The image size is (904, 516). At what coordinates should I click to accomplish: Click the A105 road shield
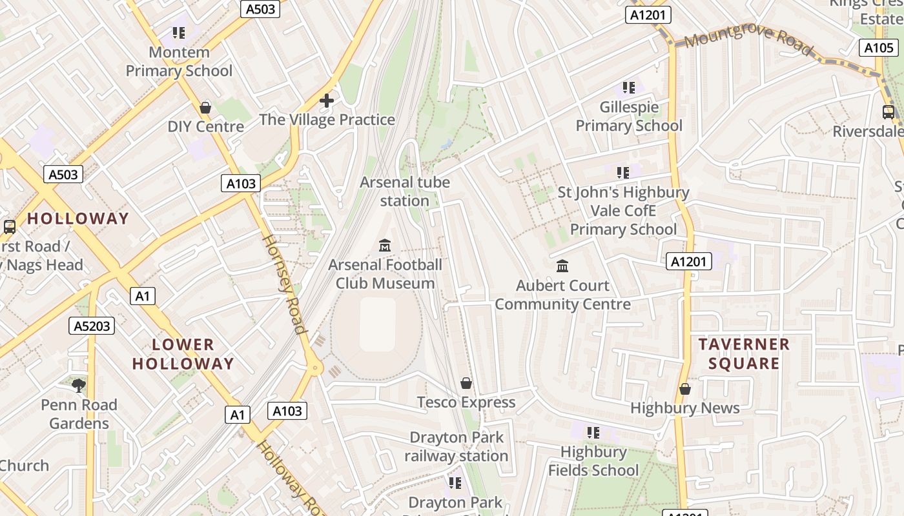point(879,47)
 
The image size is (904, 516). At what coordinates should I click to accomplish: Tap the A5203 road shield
point(92,326)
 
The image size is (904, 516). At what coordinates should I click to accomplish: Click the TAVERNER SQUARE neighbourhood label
point(744,353)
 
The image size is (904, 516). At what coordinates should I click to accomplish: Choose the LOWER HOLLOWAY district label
point(183,354)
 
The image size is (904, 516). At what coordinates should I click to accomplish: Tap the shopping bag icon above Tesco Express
point(466,383)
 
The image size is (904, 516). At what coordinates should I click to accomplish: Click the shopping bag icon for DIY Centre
point(205,107)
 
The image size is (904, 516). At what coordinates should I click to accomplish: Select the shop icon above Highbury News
point(685,389)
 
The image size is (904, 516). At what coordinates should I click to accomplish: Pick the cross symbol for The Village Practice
point(327,101)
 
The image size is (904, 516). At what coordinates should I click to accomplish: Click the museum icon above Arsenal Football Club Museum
point(385,245)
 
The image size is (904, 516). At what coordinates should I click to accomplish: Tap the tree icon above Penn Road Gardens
point(79,386)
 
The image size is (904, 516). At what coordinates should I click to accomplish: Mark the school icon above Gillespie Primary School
point(628,88)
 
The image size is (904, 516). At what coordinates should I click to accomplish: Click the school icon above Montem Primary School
point(179,33)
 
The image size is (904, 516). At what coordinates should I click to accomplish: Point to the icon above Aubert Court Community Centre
point(562,266)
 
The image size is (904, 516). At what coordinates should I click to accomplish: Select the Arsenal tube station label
point(405,192)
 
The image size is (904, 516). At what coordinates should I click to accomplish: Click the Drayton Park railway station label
point(457,446)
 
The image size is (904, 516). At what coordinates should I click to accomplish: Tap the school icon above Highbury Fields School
point(593,432)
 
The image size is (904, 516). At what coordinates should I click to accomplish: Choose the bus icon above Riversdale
point(889,112)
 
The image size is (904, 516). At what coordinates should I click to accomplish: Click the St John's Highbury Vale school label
point(624,210)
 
